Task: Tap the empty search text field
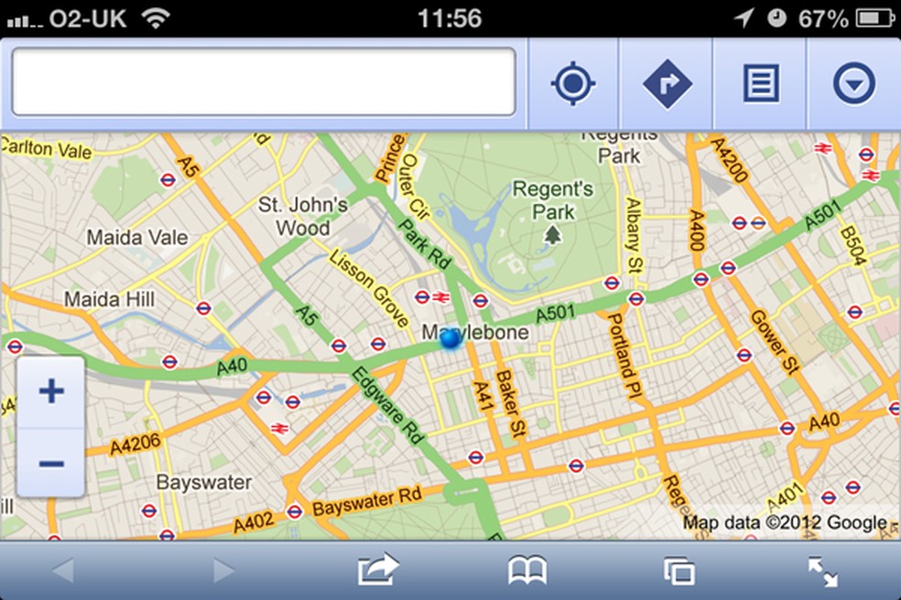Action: pyautogui.click(x=264, y=82)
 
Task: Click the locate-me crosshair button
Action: pyautogui.click(x=573, y=84)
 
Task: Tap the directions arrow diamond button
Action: pyautogui.click(x=667, y=84)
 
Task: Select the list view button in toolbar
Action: pyautogui.click(x=760, y=84)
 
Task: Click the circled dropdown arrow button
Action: pyautogui.click(x=853, y=84)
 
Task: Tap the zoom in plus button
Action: pyautogui.click(x=51, y=392)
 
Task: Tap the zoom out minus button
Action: pyautogui.click(x=51, y=464)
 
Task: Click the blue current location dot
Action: pyautogui.click(x=450, y=339)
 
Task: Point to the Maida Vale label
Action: pyautogui.click(x=137, y=238)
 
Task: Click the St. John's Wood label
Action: pyautogui.click(x=303, y=215)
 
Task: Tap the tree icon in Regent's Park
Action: pyautogui.click(x=552, y=236)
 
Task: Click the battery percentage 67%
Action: pyautogui.click(x=822, y=18)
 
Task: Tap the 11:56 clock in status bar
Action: pyautogui.click(x=449, y=18)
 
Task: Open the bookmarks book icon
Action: pyautogui.click(x=527, y=572)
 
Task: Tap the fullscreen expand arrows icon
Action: pyautogui.click(x=823, y=572)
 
